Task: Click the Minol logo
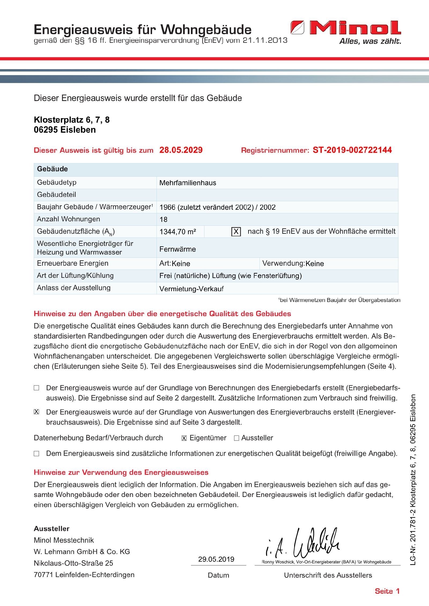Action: [346, 28]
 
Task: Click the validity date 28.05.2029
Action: [181, 150]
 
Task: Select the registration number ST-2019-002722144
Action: [352, 150]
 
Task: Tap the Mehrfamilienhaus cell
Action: [188, 183]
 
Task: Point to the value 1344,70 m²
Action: [178, 232]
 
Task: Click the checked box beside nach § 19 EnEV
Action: [236, 232]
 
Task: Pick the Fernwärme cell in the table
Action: [177, 249]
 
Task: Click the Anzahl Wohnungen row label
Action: [68, 219]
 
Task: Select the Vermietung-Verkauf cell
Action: [191, 289]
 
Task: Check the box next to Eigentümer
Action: [184, 438]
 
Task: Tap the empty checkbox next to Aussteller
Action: [236, 438]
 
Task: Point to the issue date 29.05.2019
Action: [216, 559]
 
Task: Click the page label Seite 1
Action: [387, 591]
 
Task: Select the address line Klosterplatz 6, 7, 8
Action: [72, 120]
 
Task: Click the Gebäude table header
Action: [53, 169]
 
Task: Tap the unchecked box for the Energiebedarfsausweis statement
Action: [36, 388]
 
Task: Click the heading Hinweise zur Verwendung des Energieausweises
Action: [121, 472]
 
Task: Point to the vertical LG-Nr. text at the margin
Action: [413, 480]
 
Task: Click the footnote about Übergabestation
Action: [339, 300]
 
